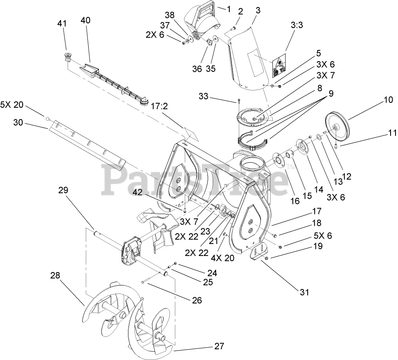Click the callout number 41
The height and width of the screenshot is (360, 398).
(x=61, y=24)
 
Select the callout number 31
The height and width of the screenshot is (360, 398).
(x=304, y=293)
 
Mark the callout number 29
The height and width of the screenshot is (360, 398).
(x=63, y=191)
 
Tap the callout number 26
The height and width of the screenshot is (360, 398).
(x=197, y=301)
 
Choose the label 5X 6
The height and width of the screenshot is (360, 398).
(x=323, y=236)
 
